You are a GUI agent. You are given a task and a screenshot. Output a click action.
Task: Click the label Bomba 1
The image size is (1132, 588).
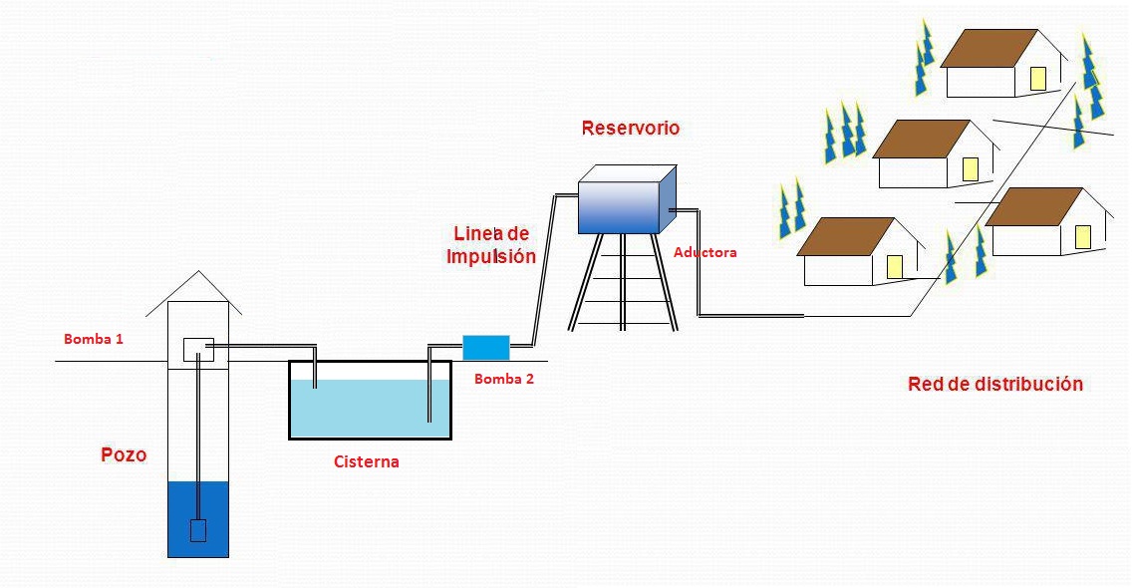tap(94, 339)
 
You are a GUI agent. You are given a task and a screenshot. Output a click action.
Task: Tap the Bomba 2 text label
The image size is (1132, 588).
tap(504, 379)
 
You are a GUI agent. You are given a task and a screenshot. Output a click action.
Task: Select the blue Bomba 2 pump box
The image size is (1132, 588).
tap(486, 347)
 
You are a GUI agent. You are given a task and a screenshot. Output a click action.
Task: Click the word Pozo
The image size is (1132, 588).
tap(124, 455)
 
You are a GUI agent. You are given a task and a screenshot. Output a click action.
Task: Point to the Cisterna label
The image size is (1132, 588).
tap(366, 461)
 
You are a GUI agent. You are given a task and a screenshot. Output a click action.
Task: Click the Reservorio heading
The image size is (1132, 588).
tap(630, 128)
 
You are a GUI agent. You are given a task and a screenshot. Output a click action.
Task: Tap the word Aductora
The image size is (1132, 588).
tap(705, 252)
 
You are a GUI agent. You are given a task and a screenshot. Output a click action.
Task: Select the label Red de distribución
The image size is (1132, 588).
tap(994, 384)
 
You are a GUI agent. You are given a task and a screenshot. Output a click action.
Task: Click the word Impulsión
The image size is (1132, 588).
tap(491, 256)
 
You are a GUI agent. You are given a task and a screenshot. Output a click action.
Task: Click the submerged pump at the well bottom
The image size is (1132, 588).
tap(197, 530)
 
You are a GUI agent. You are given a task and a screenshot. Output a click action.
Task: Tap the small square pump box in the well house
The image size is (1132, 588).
tap(198, 350)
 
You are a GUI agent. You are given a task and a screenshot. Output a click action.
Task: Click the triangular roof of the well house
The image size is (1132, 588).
tap(199, 291)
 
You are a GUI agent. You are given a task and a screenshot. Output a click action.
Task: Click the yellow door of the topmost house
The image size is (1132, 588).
tap(1037, 79)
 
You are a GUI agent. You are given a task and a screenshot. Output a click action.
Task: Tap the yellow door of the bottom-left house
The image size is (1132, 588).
tap(894, 266)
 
